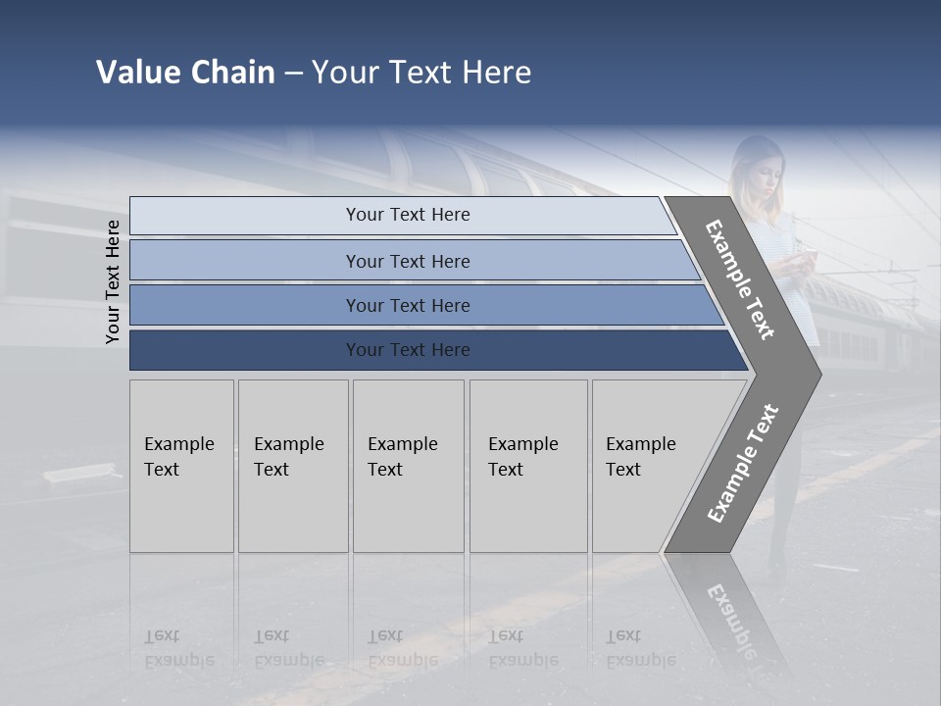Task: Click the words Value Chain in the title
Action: point(185,73)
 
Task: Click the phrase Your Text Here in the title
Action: point(421,73)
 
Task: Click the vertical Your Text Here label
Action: point(113,282)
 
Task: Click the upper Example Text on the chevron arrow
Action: point(739,279)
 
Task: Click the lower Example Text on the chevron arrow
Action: point(743,464)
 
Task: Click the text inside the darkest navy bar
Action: point(408,350)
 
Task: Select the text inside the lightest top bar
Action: point(408,215)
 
